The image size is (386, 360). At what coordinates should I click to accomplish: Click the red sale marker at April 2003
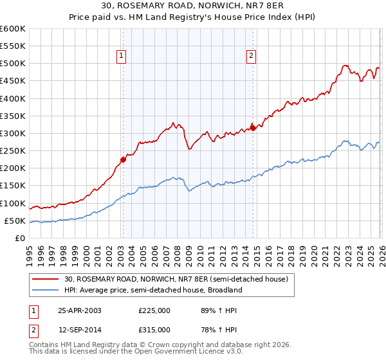123,160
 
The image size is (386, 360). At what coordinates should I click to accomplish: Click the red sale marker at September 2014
253,128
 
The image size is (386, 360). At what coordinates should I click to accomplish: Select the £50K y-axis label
15,221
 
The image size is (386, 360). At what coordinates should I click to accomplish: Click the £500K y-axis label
13,64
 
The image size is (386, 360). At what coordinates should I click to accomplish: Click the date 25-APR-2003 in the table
80,310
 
